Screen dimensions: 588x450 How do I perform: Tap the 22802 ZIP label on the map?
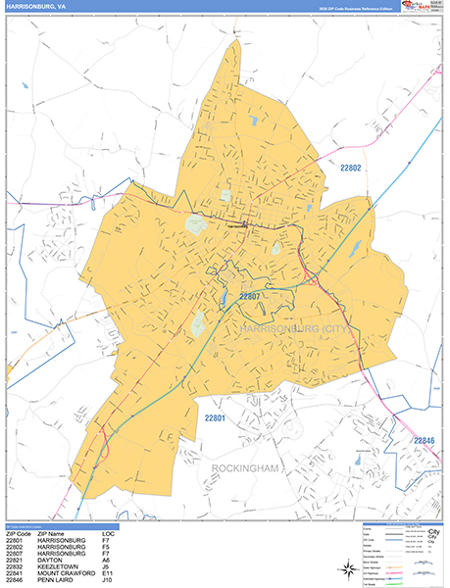(351, 169)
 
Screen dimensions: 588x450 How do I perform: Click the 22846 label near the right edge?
(423, 441)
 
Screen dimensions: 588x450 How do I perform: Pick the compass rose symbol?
(346, 569)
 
